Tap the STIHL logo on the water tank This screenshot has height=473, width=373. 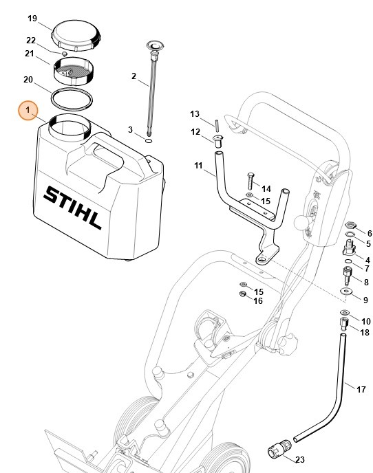[73, 206]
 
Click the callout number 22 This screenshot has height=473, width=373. [31, 41]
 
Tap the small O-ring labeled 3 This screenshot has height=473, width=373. [149, 140]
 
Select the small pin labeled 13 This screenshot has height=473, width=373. [217, 125]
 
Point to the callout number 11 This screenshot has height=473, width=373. [199, 166]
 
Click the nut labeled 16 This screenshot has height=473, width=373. [242, 295]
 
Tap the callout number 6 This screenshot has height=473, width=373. [368, 234]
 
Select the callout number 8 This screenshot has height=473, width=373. [366, 282]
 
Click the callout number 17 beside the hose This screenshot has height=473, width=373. [361, 389]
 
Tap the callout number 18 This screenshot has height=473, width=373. [365, 332]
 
